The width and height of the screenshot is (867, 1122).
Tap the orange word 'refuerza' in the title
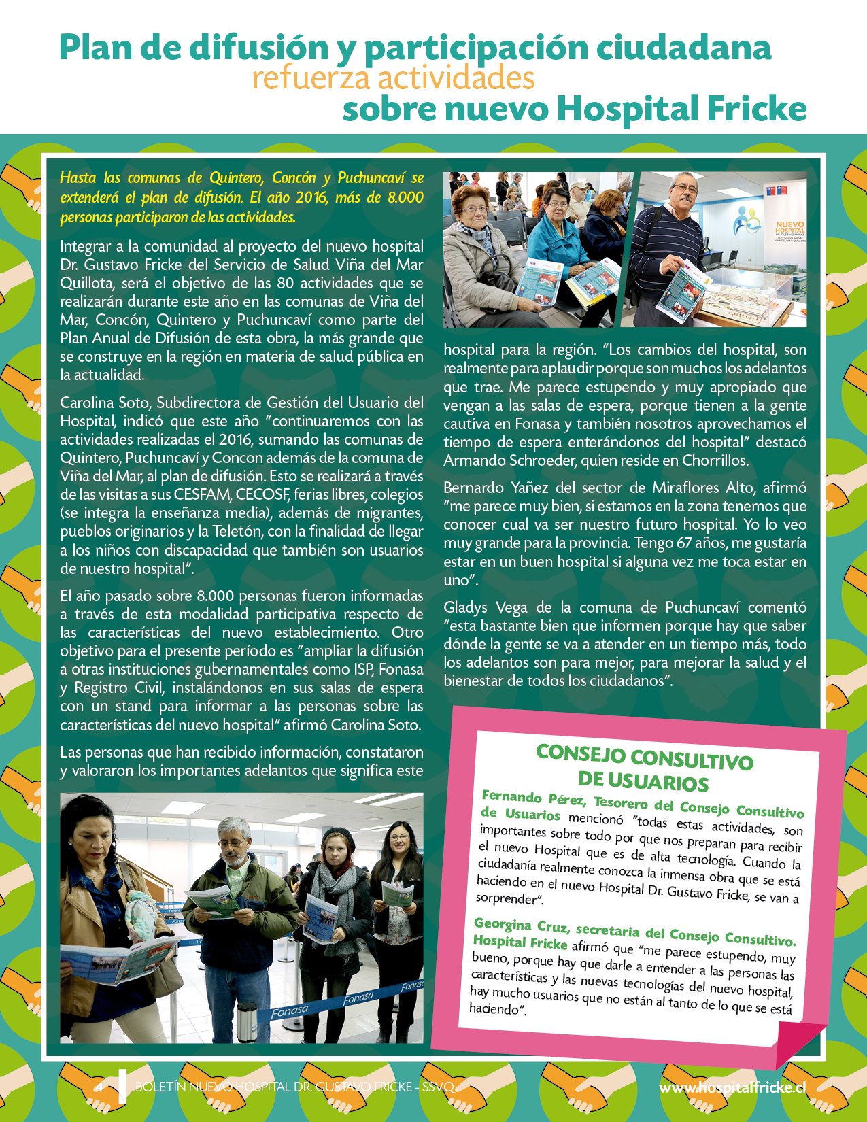tap(311, 78)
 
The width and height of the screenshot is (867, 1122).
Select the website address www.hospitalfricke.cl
tap(732, 1087)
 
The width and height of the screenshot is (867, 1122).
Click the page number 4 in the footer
tap(100, 1087)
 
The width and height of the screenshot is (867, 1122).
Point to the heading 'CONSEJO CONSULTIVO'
tap(644, 756)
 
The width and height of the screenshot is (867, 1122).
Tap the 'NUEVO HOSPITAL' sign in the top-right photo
tap(789, 228)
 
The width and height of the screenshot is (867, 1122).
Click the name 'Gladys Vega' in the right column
tap(484, 607)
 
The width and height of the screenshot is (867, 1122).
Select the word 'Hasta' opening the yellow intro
tap(78, 178)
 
